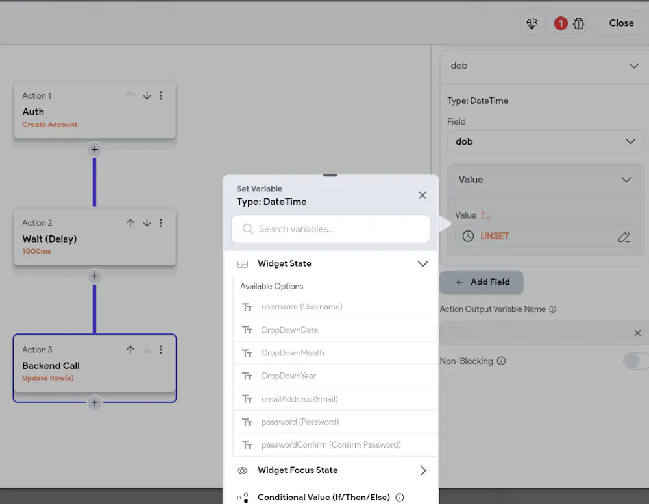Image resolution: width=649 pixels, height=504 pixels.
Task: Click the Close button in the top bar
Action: pyautogui.click(x=621, y=23)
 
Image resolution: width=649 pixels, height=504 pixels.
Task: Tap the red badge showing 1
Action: pyautogui.click(x=561, y=23)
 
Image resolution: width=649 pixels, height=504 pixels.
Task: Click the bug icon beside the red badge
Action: pyautogui.click(x=579, y=23)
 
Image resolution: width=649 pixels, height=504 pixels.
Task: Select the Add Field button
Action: pyautogui.click(x=482, y=282)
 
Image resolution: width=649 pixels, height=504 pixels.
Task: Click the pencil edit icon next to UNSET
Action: pyautogui.click(x=624, y=237)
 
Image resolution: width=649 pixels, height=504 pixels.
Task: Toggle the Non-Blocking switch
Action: pyautogui.click(x=635, y=361)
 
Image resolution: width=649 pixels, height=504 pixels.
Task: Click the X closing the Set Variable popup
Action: pyautogui.click(x=422, y=195)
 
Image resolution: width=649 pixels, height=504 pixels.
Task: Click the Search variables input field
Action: pyautogui.click(x=331, y=229)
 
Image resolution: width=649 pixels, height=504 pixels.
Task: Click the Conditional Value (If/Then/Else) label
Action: pyautogui.click(x=324, y=497)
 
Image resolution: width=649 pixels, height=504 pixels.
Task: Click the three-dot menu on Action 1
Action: pyautogui.click(x=161, y=95)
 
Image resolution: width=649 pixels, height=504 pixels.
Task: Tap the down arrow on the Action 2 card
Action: pyautogui.click(x=147, y=223)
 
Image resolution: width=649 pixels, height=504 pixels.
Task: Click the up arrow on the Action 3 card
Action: pyautogui.click(x=130, y=350)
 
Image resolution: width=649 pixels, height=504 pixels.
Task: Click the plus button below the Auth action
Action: pyautogui.click(x=94, y=149)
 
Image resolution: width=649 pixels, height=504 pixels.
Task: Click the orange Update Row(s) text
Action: pyautogui.click(x=48, y=378)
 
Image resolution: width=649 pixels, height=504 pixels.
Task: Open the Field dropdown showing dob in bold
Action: pyautogui.click(x=546, y=141)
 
